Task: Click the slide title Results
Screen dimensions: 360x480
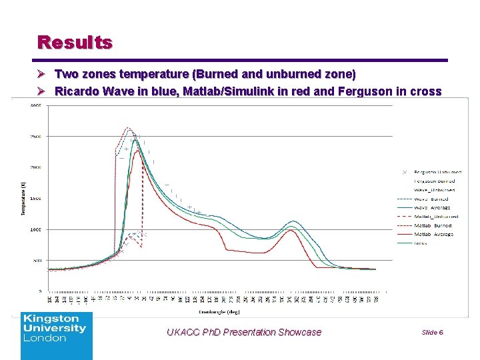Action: [75, 43]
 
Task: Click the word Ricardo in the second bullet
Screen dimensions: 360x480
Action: [75, 91]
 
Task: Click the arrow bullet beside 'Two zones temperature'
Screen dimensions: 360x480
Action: [43, 73]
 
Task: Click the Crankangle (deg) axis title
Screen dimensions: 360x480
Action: [217, 311]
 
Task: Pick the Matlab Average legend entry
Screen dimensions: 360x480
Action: [433, 234]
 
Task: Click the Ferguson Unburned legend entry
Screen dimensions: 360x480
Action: [437, 172]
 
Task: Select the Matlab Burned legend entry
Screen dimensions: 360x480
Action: [433, 225]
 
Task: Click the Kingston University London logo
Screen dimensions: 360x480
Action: [56, 335]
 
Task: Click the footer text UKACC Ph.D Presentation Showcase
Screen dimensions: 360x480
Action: [244, 332]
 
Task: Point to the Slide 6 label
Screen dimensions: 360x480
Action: [432, 332]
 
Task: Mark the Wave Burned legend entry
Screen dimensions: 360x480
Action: [431, 199]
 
